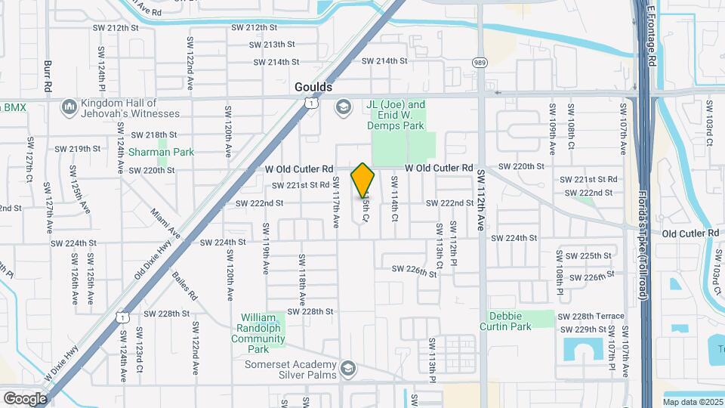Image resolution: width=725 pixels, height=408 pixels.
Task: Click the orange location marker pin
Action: (362, 180)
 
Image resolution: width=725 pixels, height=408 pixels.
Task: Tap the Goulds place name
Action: (313, 88)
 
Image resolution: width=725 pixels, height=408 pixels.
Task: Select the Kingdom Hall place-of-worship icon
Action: (69, 107)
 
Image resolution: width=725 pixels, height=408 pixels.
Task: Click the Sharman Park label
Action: (161, 152)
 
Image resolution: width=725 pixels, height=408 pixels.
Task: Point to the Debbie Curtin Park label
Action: (505, 320)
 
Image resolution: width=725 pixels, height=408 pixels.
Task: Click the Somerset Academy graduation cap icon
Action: (348, 369)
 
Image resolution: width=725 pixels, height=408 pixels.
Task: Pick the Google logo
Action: (25, 398)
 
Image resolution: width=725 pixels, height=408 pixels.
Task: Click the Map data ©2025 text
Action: (692, 402)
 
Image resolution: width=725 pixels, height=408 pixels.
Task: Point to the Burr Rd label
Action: (48, 76)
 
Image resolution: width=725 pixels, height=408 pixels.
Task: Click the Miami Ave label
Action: (165, 223)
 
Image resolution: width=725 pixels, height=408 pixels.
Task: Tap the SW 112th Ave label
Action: (480, 199)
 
